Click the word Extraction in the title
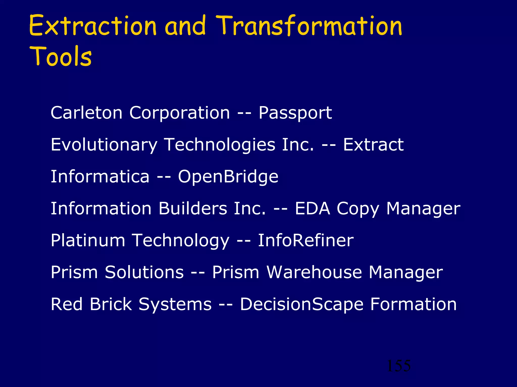[x=93, y=26]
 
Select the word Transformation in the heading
[x=309, y=26]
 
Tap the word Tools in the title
[x=61, y=56]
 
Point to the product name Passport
[x=295, y=113]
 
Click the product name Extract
[x=373, y=145]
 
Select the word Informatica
[x=100, y=176]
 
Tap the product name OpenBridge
[x=228, y=177]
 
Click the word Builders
[x=193, y=208]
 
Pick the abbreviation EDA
[x=312, y=208]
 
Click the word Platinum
[x=88, y=240]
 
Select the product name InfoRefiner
[x=305, y=240]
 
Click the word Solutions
[x=144, y=272]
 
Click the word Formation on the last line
[x=413, y=304]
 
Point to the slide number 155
[x=399, y=366]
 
